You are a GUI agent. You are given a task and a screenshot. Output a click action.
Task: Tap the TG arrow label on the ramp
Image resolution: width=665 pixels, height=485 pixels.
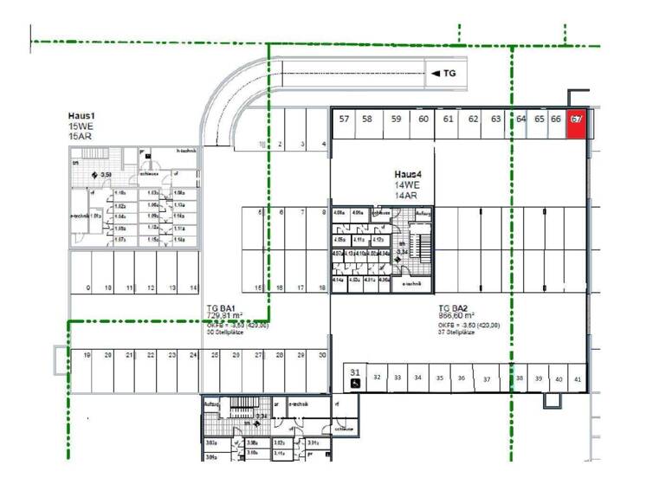coord(443,74)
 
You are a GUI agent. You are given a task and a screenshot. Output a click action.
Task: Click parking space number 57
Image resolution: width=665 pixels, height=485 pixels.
coord(344,120)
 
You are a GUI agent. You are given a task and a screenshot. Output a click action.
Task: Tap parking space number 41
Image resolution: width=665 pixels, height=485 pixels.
coord(578,379)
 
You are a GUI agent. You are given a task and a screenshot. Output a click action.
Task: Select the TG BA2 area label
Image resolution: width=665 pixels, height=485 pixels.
coord(454,308)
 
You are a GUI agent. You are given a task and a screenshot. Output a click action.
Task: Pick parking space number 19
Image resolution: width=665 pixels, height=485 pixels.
coord(87,356)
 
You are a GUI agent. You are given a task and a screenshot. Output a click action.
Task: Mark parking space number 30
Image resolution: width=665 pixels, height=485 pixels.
coord(322,356)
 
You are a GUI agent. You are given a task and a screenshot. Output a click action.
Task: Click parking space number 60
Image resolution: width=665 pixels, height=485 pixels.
coord(423,120)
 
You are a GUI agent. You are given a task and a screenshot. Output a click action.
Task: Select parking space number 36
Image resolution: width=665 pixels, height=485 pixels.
coord(462,378)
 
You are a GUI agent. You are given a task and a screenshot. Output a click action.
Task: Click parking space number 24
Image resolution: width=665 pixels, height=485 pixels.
coord(194,356)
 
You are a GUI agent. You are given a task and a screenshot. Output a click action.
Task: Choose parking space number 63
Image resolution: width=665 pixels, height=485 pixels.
coord(496,120)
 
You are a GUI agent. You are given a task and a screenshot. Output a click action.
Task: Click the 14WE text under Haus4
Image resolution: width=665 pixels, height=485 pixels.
coord(407,185)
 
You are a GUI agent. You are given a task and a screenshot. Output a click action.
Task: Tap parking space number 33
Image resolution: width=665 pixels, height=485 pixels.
coord(397,378)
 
